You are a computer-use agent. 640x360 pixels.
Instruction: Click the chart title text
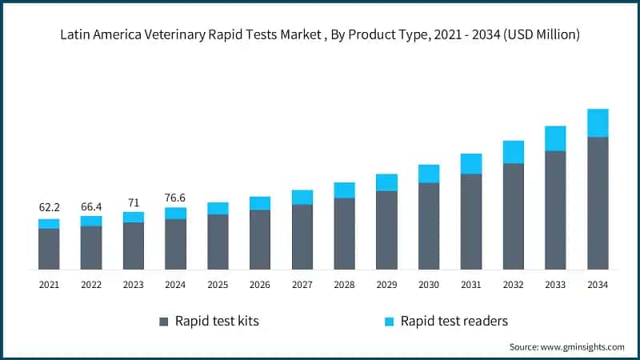320,34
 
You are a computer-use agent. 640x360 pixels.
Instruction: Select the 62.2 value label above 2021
50,208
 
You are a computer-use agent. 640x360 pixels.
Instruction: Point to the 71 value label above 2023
134,202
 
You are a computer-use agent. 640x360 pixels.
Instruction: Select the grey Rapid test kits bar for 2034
598,203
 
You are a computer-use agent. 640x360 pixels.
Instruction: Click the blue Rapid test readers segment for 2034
598,123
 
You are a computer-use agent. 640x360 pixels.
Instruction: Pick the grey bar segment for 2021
50,249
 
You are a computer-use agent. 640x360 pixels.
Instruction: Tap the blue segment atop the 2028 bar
345,190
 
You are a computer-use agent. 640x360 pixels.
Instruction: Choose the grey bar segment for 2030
429,226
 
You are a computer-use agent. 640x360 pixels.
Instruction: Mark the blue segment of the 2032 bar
514,152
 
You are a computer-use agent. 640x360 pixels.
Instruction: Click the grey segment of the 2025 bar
218,242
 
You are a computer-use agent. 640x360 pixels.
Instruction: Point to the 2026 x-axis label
260,284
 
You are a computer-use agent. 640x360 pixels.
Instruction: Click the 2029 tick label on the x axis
386,284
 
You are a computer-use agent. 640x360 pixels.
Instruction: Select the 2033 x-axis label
555,284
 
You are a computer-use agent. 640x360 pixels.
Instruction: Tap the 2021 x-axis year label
50,284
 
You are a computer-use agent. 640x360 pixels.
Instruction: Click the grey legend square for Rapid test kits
164,322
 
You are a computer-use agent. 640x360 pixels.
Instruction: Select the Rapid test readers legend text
454,322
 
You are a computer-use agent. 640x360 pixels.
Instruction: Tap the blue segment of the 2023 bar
134,217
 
